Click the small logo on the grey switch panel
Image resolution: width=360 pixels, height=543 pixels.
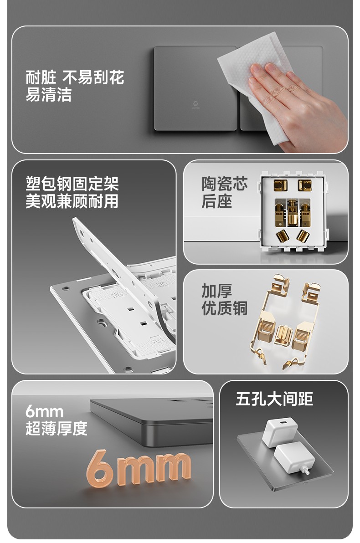click(x=196, y=105)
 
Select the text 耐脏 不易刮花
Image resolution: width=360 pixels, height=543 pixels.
click(x=75, y=77)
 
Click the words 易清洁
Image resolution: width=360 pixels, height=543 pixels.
click(x=48, y=94)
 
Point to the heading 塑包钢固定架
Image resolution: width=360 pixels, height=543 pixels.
click(x=72, y=184)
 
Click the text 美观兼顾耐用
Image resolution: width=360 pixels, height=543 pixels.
click(x=72, y=201)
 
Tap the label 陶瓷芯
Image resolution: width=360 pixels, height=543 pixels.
click(x=225, y=184)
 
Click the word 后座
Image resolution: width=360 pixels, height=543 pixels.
click(x=217, y=201)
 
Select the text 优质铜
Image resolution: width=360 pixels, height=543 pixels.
click(x=225, y=308)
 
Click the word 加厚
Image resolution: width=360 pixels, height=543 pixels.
click(x=217, y=291)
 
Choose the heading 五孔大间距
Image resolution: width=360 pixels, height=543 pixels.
click(x=274, y=399)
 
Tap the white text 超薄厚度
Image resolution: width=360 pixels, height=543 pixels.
click(x=57, y=428)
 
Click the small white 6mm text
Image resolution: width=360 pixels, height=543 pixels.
click(x=44, y=412)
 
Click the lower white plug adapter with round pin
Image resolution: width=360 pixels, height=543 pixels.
click(x=294, y=458)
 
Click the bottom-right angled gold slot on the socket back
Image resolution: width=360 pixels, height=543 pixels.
click(x=303, y=236)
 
